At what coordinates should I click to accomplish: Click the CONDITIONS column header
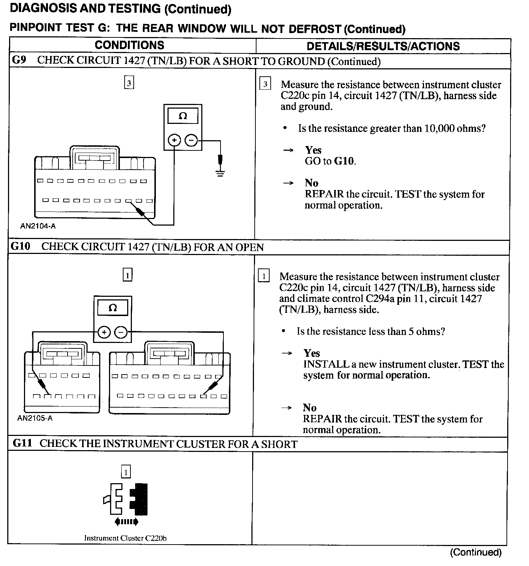coord(129,45)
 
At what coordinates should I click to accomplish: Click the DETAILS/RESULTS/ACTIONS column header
coord(383,46)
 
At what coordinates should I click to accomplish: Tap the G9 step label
coord(19,60)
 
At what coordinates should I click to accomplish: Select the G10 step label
coord(20,246)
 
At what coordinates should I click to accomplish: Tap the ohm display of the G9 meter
coord(183,116)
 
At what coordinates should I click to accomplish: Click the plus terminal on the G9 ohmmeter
coord(175,140)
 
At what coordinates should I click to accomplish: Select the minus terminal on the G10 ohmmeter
coord(121,332)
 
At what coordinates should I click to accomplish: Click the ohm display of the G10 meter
coord(113,308)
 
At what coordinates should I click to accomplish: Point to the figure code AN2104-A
coord(38,226)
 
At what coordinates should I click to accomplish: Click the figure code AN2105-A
coord(35,418)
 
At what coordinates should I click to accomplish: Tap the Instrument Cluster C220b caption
coord(125,538)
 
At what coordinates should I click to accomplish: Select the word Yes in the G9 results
coord(313,150)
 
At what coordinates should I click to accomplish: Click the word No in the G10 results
coord(310,408)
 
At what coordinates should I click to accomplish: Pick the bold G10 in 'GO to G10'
coord(344,161)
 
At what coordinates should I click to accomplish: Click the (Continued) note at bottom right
coord(476,552)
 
